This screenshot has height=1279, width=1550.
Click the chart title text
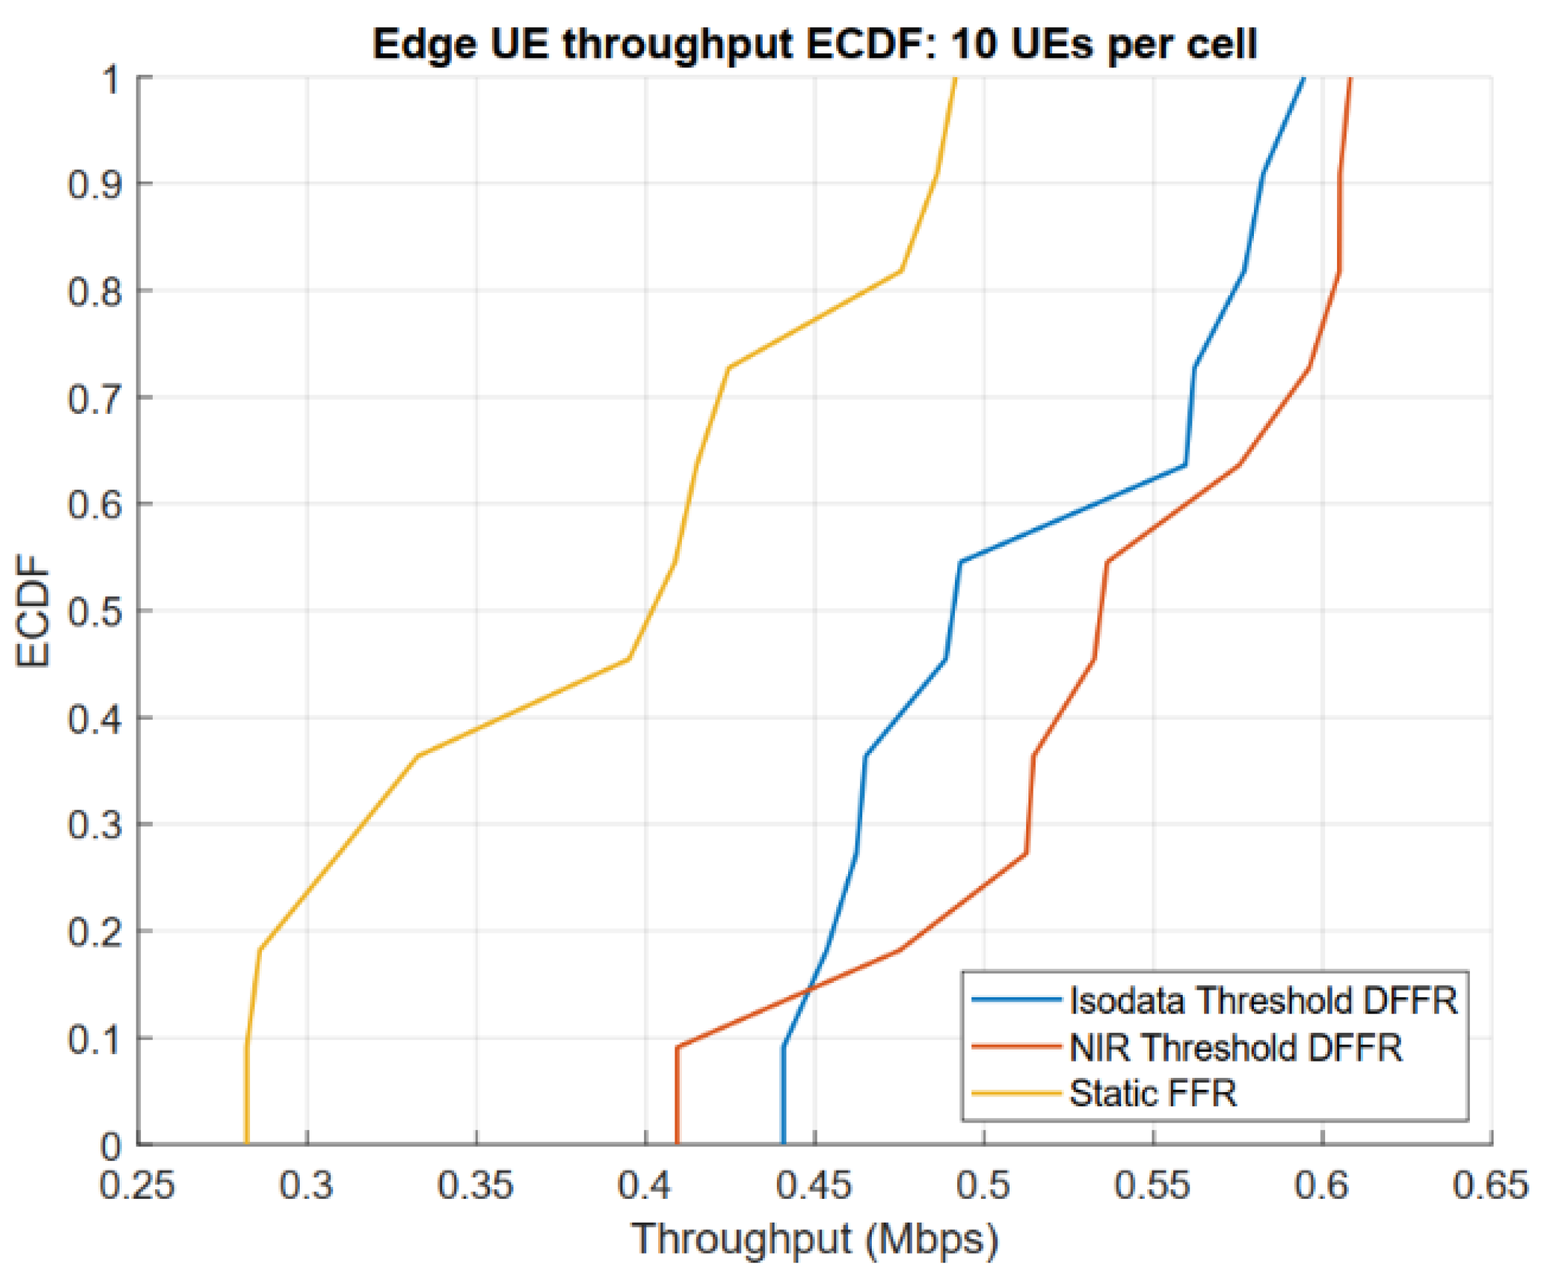814,44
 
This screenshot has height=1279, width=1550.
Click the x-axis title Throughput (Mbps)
814,1238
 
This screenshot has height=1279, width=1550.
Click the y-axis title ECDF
33,611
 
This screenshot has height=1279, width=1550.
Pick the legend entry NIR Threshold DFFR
1235,1047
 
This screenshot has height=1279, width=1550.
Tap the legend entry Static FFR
1153,1093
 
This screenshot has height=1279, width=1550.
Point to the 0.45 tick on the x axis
814,1185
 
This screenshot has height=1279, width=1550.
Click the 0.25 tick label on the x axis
137,1185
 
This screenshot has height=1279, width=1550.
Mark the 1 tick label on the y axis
111,79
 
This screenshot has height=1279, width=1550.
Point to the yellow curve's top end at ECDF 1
956,77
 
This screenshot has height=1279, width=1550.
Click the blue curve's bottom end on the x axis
783,1143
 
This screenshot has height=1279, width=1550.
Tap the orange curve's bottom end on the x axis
677,1143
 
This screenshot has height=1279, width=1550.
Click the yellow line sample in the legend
1017,1093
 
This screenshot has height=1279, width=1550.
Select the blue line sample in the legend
1017,1000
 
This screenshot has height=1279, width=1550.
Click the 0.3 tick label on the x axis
306,1185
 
